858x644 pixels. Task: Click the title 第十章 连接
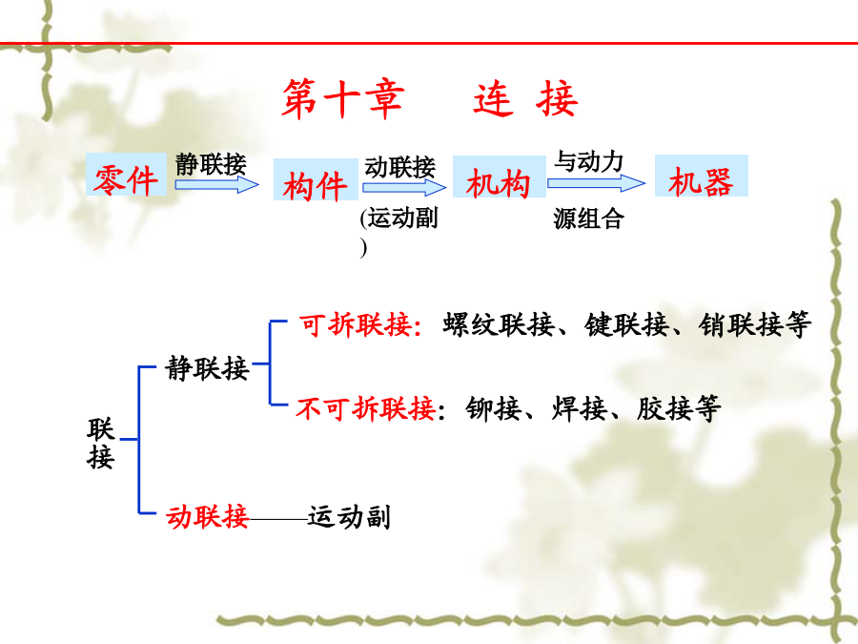[430, 98]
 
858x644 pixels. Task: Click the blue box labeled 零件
[127, 175]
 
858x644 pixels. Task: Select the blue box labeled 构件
[316, 179]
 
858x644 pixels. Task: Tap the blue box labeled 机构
[499, 177]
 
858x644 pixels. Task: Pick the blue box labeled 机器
[702, 176]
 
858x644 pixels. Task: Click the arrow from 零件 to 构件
[216, 185]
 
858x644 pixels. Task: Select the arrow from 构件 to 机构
[404, 188]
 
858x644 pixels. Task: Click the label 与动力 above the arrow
[589, 162]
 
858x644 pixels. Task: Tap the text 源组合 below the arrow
[589, 219]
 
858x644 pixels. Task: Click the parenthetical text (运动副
[399, 218]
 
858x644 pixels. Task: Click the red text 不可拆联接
[365, 408]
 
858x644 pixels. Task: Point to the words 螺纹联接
[499, 324]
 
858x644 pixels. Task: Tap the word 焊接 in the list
[579, 408]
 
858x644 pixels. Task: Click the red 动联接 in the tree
[208, 516]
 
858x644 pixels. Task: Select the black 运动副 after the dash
[349, 517]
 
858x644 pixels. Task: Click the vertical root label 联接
[101, 443]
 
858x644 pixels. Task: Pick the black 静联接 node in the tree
[208, 368]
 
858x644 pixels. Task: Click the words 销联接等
[755, 324]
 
